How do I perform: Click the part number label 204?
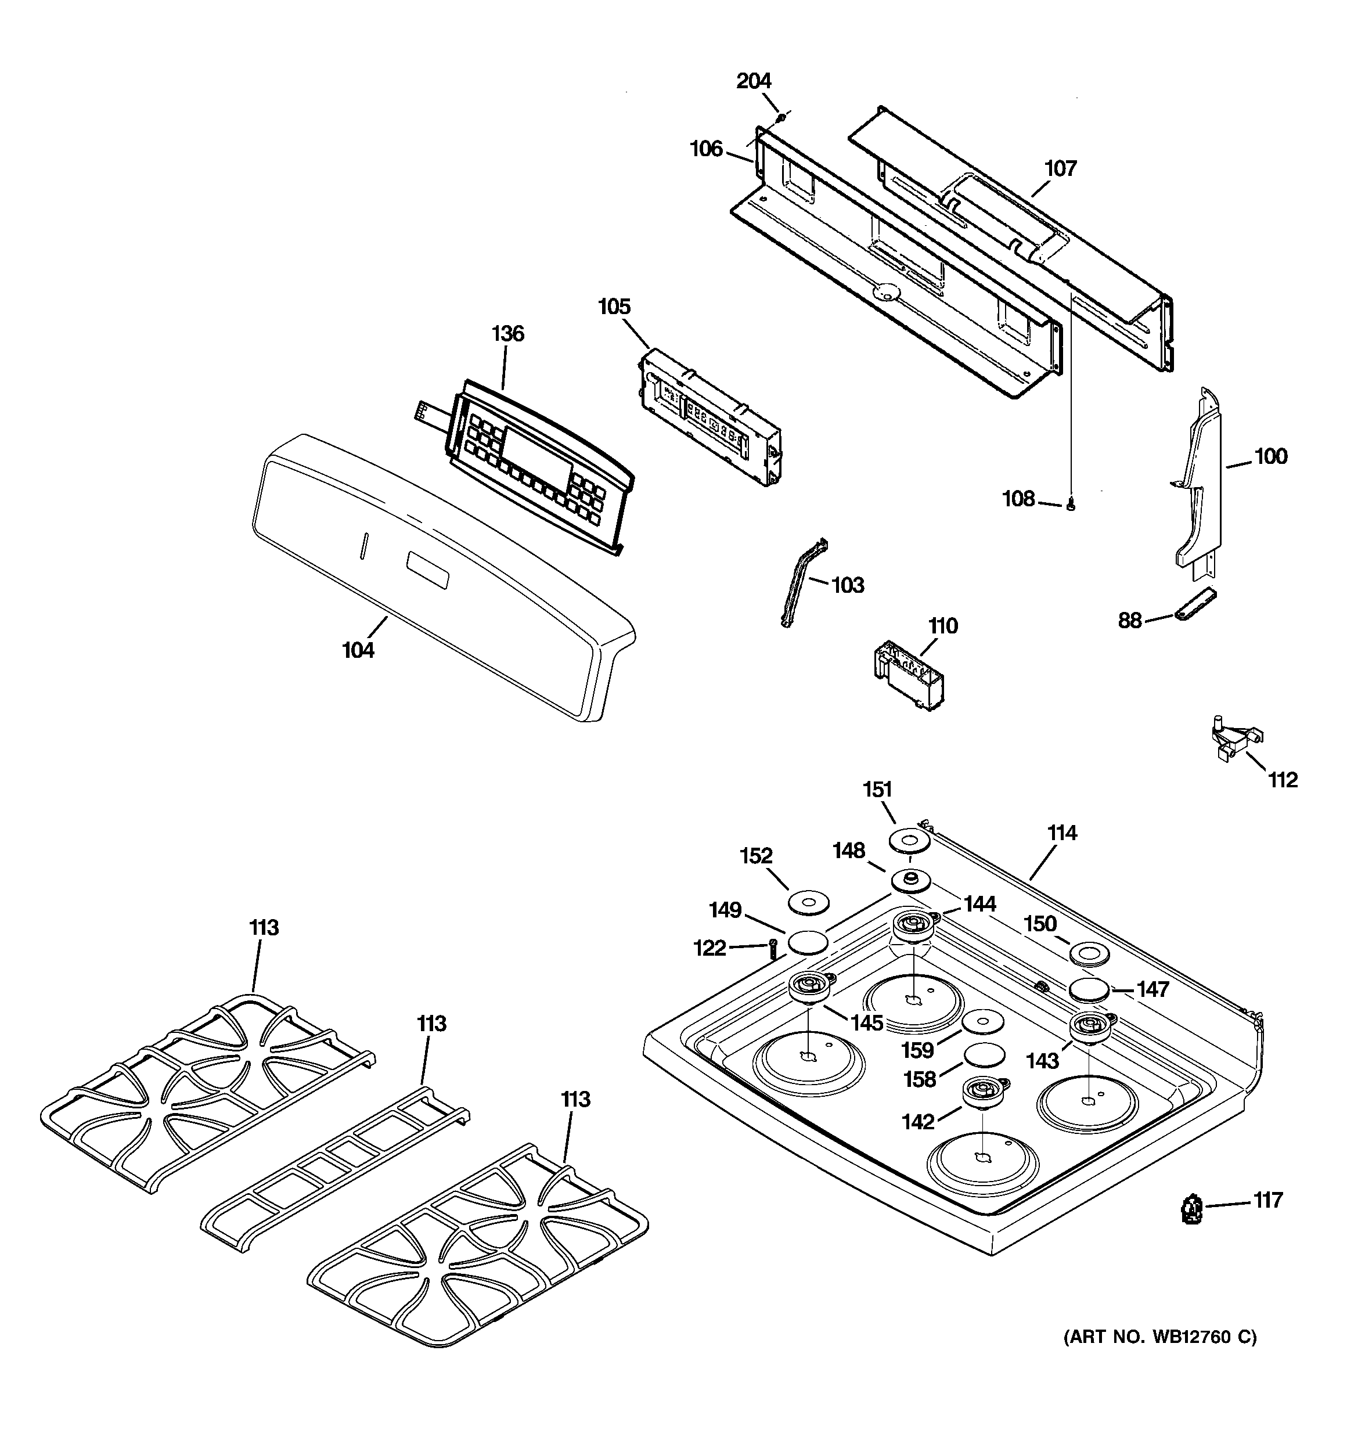(x=754, y=81)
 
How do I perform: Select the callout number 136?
(x=507, y=334)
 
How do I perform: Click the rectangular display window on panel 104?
(x=427, y=570)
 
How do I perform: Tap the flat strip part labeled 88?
(x=1194, y=604)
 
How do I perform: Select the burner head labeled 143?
(x=1093, y=1026)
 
